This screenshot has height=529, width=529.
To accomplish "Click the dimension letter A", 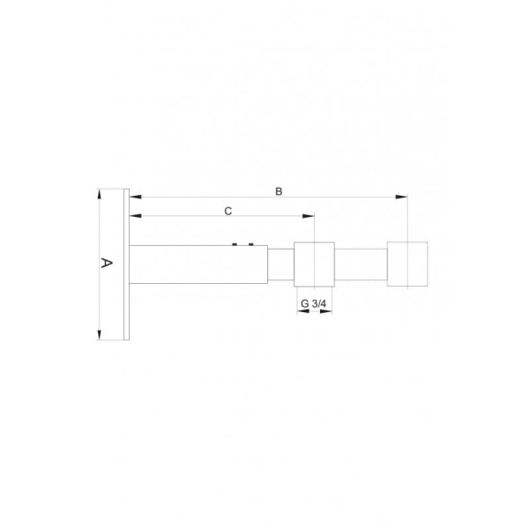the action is (x=107, y=263).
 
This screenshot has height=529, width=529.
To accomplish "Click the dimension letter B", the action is (x=279, y=191).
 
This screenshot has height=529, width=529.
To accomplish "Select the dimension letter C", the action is (x=228, y=212).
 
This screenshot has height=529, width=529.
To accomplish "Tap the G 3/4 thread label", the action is (x=313, y=303).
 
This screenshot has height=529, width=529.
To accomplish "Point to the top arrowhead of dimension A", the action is (x=99, y=194).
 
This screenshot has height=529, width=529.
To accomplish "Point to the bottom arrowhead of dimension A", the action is (x=99, y=335).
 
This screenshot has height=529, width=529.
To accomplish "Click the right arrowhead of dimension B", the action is (x=401, y=197).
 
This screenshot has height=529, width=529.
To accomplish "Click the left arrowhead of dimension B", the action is (x=135, y=197).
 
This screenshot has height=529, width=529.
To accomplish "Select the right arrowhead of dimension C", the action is (x=309, y=216).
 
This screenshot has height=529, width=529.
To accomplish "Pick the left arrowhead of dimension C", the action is (x=135, y=216).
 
